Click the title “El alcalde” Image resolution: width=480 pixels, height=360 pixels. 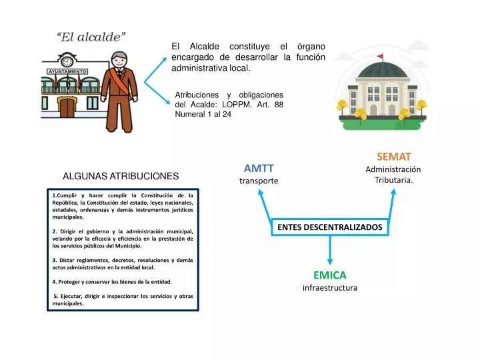pyautogui.click(x=91, y=37)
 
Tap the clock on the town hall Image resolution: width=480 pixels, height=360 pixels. pyautogui.click(x=67, y=61)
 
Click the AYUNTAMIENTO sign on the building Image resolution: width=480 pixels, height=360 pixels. pyautogui.click(x=67, y=71)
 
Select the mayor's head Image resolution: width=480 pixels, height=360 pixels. pyautogui.click(x=119, y=60)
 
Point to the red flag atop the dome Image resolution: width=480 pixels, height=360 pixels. pyautogui.click(x=380, y=56)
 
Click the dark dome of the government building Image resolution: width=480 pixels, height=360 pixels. pyautogui.click(x=383, y=71)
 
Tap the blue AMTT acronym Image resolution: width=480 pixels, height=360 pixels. pyautogui.click(x=259, y=169)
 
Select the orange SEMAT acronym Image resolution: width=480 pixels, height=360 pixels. pyautogui.click(x=394, y=157)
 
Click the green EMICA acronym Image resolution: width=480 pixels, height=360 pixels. pyautogui.click(x=330, y=275)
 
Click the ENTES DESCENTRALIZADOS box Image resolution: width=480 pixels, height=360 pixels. pyautogui.click(x=330, y=227)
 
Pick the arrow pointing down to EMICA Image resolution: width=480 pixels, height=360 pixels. pyautogui.click(x=330, y=250)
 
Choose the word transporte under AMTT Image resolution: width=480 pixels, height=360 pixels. pyautogui.click(x=259, y=181)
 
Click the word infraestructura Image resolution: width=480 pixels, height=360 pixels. pyautogui.click(x=330, y=288)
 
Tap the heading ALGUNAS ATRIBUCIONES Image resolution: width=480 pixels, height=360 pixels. pyautogui.click(x=121, y=176)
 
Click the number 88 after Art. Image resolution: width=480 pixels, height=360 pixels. pyautogui.click(x=279, y=105)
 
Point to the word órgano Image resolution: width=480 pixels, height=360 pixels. pyautogui.click(x=311, y=47)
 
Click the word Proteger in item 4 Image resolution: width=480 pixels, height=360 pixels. pyautogui.click(x=69, y=282)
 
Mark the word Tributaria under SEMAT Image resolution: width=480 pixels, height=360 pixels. pyautogui.click(x=394, y=180)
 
